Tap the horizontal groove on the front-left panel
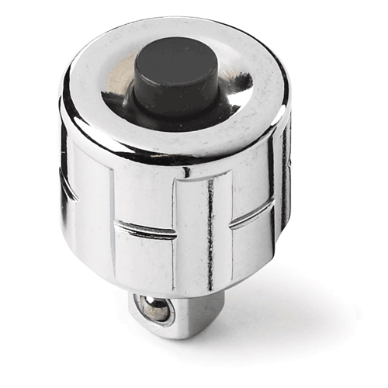click(144, 230)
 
